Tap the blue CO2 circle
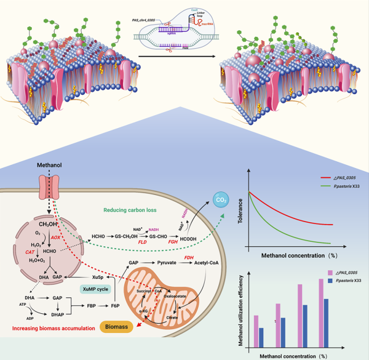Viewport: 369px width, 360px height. pyautogui.click(x=220, y=198)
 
